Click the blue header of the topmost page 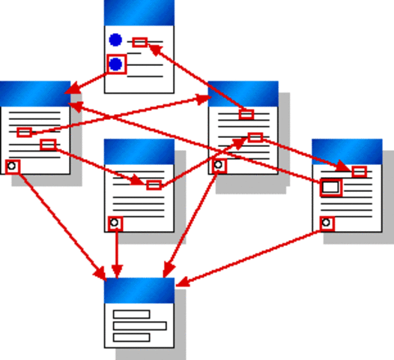pos(139,12)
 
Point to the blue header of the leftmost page pos(35,93)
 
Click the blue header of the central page pos(139,151)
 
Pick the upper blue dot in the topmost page pos(115,40)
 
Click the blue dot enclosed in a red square pos(116,64)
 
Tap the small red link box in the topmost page pos(139,42)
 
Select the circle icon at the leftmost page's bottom pos(11,166)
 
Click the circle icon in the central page pos(114,223)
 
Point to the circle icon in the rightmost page pos(326,223)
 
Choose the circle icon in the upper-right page pos(218,165)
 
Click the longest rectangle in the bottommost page pos(139,325)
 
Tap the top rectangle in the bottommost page pos(131,314)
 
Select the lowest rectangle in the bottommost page pos(131,337)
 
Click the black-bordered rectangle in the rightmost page pos(330,187)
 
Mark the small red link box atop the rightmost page pos(359,172)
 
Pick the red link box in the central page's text pos(154,184)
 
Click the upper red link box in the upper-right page pos(246,115)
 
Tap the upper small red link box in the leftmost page pos(24,132)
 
